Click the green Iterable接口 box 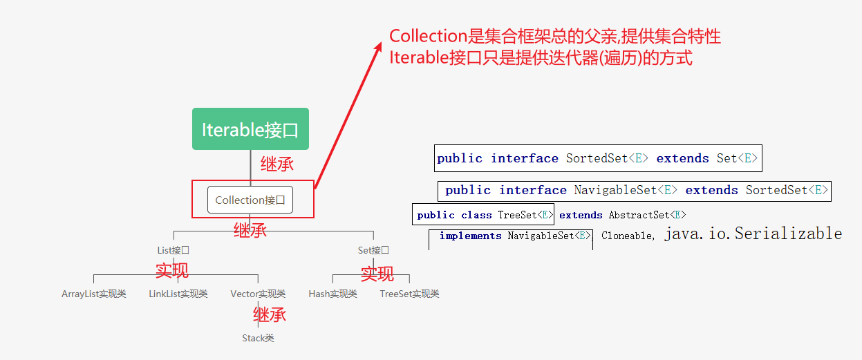click(x=250, y=129)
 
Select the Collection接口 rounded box click(x=250, y=200)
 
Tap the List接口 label click(x=173, y=250)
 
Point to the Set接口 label click(x=373, y=250)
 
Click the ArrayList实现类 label click(x=94, y=294)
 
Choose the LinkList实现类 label click(x=178, y=294)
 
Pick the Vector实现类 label click(x=258, y=294)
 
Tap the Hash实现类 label click(x=332, y=294)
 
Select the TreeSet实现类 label click(x=409, y=294)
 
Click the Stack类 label click(x=258, y=338)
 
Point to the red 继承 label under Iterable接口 click(x=277, y=164)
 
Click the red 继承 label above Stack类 click(x=269, y=316)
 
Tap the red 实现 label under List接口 click(x=171, y=271)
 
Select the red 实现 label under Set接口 click(x=377, y=274)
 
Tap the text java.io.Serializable click(x=753, y=234)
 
